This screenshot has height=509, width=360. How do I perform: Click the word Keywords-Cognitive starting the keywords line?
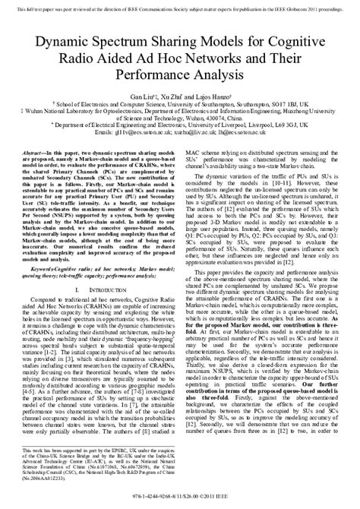tap(52, 269)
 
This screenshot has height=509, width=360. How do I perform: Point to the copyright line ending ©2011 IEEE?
tap(179, 497)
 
